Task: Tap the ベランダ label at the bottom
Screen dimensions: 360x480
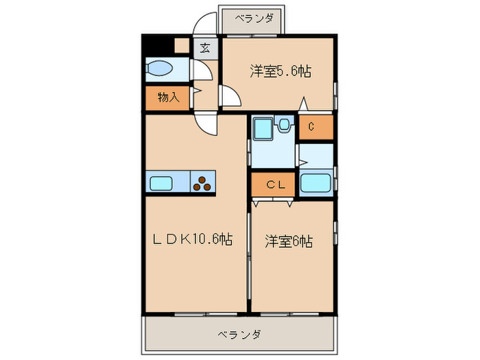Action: coord(239,335)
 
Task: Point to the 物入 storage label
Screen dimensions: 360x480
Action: coord(168,97)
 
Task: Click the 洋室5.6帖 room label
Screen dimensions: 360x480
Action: coord(280,71)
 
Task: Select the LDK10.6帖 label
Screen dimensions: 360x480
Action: coord(191,239)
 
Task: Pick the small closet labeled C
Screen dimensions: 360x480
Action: coord(310,126)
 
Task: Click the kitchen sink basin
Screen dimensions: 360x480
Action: coord(162,182)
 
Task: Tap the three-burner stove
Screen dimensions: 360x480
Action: coord(202,182)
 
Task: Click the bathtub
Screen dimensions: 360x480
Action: coord(315,184)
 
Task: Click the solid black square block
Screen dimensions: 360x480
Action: coord(158,46)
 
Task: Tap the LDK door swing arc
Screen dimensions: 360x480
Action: coord(205,122)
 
